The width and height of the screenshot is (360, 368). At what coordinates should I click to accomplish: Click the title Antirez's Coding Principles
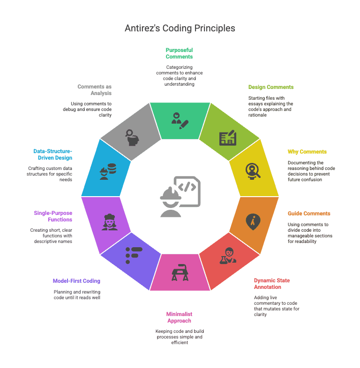[180, 29]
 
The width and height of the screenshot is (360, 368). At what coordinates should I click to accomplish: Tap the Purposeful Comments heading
[179, 53]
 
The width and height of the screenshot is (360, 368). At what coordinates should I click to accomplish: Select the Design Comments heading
[270, 87]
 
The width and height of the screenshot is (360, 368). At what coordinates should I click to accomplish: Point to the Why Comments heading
[307, 152]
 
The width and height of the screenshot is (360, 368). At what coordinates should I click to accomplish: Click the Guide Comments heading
[309, 213]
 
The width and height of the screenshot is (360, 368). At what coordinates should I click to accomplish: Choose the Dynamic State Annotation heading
[272, 284]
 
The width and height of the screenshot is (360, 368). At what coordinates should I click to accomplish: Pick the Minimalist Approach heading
[179, 317]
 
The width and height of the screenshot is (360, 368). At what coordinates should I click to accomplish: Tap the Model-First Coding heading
[76, 281]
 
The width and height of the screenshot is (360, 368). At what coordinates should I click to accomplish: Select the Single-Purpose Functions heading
[53, 216]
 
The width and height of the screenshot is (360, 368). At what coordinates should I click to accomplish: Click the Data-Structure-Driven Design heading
[52, 154]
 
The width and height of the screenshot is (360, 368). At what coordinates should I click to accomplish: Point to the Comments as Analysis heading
[95, 89]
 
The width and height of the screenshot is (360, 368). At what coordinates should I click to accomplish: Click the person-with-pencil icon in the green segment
[180, 120]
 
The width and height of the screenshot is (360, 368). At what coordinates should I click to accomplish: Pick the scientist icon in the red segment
[228, 256]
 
